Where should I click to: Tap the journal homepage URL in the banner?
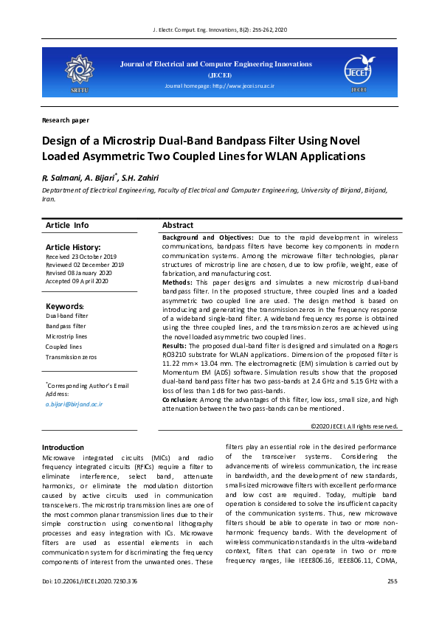(x=219, y=86)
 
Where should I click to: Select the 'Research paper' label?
(x=66, y=119)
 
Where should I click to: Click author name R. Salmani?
(x=61, y=178)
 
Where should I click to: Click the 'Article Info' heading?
(x=67, y=225)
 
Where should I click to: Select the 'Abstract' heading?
(x=178, y=225)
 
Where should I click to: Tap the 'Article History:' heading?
(x=73, y=247)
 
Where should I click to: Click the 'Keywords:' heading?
(x=65, y=306)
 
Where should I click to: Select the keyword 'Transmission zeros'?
(x=71, y=356)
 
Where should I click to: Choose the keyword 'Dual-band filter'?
(x=66, y=316)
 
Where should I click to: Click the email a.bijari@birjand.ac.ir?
(x=74, y=404)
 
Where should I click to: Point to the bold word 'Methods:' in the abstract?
(x=177, y=282)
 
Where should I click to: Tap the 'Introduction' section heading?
(x=63, y=448)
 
